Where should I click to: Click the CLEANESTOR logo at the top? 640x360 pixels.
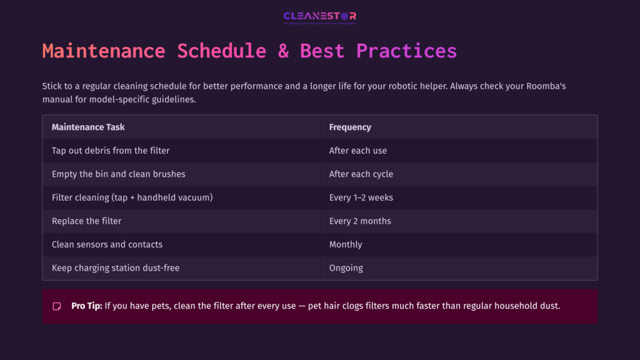(x=319, y=17)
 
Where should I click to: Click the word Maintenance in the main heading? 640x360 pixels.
(x=103, y=51)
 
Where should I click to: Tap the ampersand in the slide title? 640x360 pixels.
(x=283, y=51)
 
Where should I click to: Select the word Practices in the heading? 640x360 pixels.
(x=406, y=51)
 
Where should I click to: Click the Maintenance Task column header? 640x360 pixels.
(x=88, y=127)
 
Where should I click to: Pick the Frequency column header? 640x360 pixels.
(x=350, y=127)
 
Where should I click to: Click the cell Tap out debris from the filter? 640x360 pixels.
(x=111, y=151)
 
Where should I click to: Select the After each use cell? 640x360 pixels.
(x=358, y=151)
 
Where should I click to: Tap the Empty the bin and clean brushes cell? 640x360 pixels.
(x=118, y=174)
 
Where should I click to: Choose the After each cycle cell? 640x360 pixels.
(x=361, y=174)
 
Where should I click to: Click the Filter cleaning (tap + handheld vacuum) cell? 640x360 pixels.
(x=132, y=197)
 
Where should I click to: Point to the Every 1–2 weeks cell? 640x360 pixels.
(x=361, y=197)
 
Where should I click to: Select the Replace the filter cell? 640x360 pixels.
(x=86, y=221)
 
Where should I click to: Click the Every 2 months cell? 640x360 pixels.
(x=360, y=221)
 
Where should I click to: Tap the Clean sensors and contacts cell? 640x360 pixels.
(x=107, y=244)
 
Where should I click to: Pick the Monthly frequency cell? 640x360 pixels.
(x=346, y=244)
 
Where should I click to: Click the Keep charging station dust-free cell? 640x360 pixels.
(x=116, y=267)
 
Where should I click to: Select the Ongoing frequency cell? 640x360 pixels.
(x=346, y=267)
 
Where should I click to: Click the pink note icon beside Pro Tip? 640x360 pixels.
(x=57, y=306)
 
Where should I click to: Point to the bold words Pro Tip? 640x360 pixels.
(x=86, y=306)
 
